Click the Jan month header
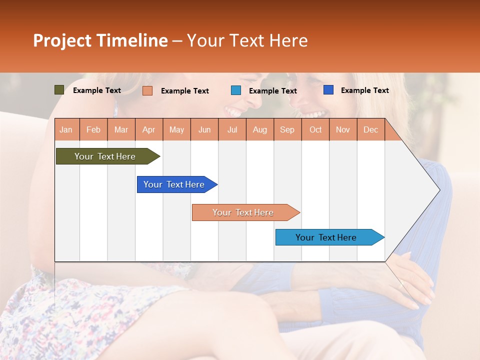(66, 129)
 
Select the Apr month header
(149, 129)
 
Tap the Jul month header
(232, 129)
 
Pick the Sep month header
(287, 129)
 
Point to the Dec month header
(370, 129)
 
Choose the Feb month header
(93, 129)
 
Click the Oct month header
(315, 129)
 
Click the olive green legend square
(59, 90)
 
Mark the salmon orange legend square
(147, 90)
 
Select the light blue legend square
(236, 90)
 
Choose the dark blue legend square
(328, 90)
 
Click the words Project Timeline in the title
(100, 40)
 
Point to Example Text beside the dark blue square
(364, 90)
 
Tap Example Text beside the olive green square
(97, 90)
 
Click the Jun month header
(204, 129)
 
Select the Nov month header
(342, 129)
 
